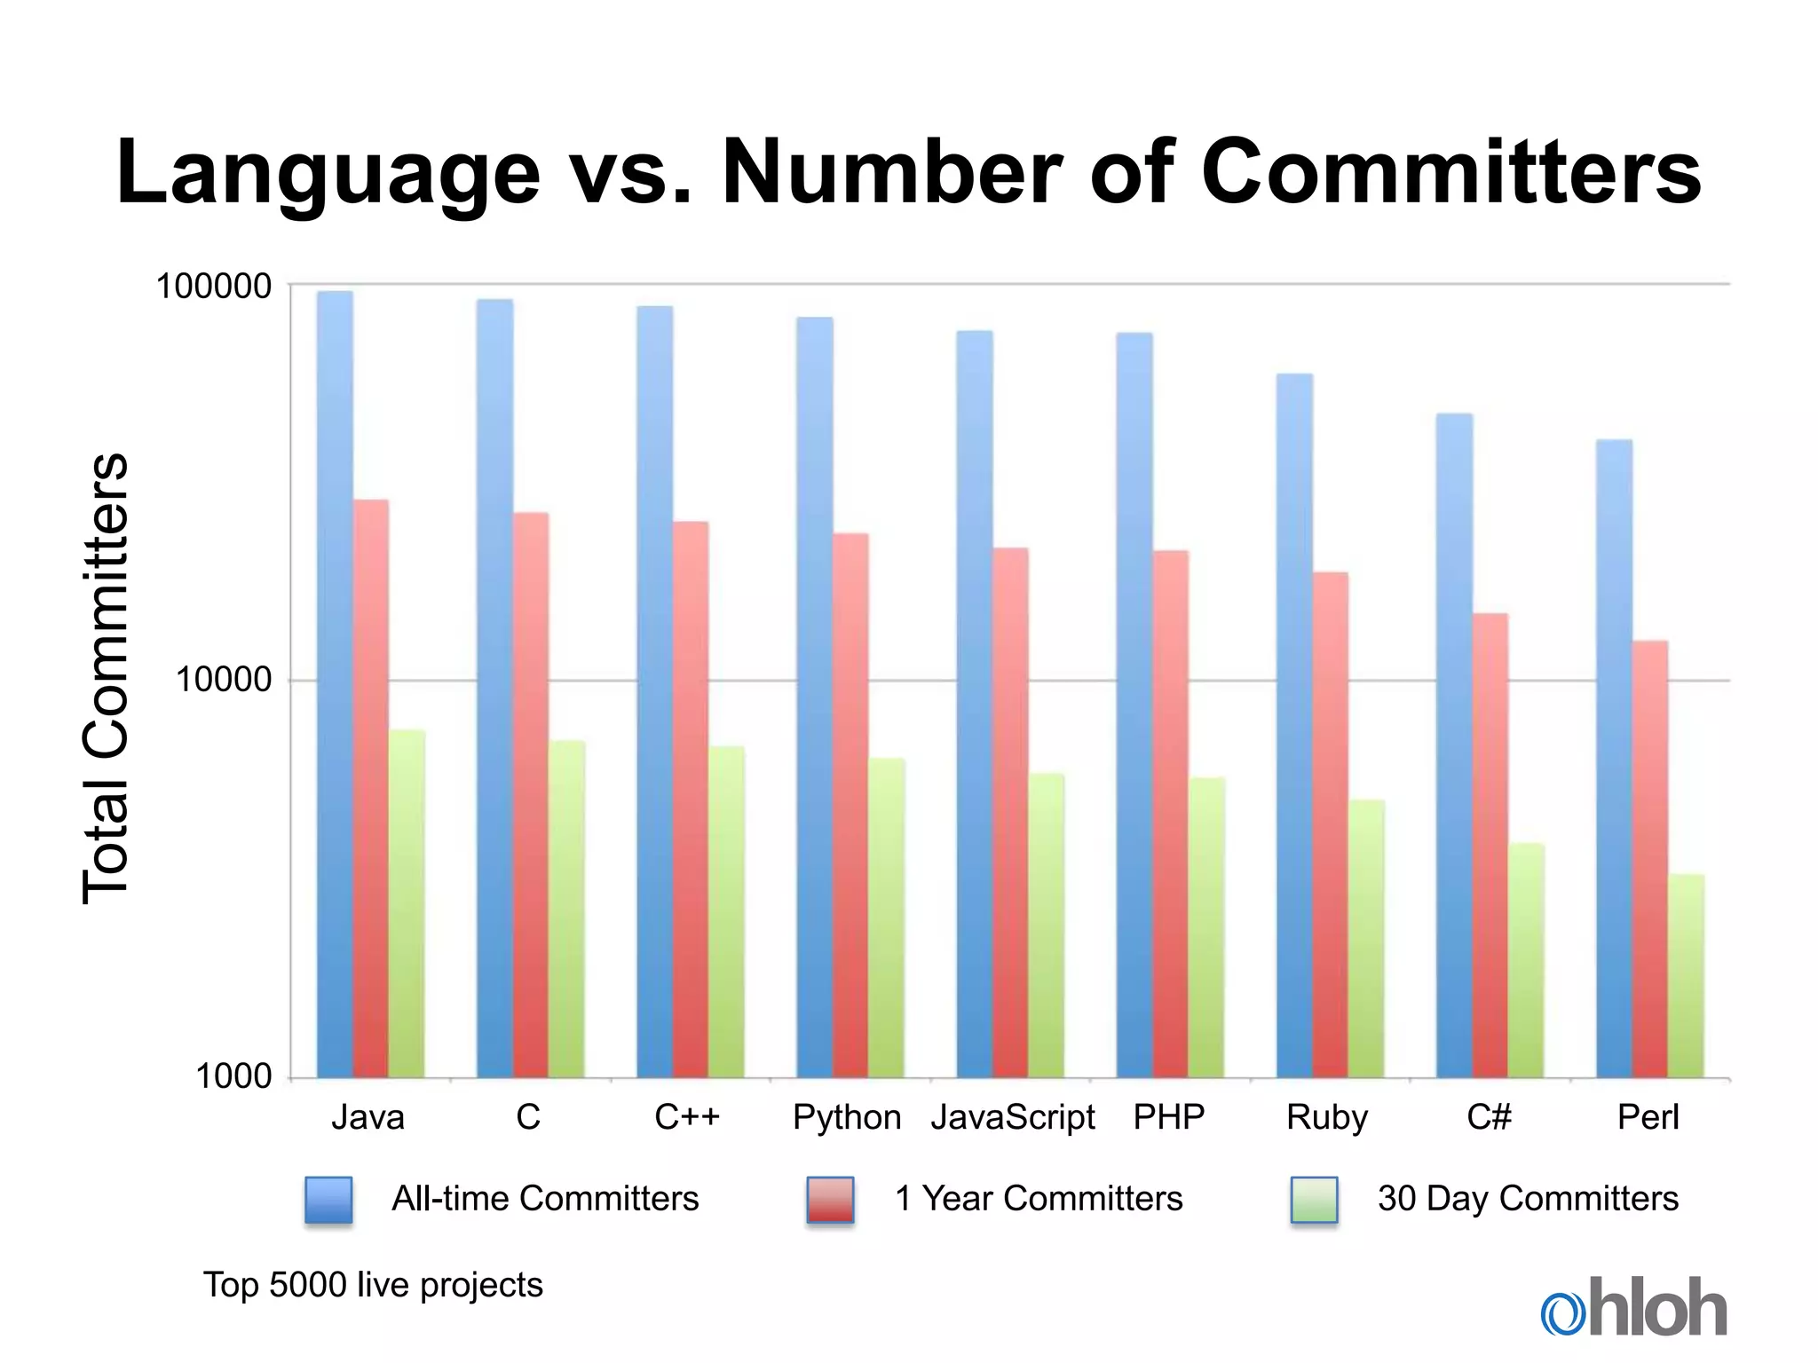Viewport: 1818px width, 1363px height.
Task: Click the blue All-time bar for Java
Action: pyautogui.click(x=335, y=683)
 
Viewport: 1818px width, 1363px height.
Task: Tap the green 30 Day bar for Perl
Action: pyautogui.click(x=1686, y=976)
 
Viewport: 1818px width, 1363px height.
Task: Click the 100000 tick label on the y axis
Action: pyautogui.click(x=214, y=287)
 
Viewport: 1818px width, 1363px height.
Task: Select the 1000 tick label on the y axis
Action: pyautogui.click(x=233, y=1076)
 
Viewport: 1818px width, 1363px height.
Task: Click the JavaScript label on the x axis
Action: pyautogui.click(x=1013, y=1117)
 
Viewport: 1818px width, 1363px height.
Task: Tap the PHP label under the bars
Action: pyautogui.click(x=1169, y=1117)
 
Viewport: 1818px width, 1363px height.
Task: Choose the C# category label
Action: pyautogui.click(x=1489, y=1117)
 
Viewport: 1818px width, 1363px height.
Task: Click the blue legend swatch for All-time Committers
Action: pyautogui.click(x=328, y=1200)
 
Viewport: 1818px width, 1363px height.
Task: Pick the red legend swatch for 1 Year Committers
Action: pyautogui.click(x=830, y=1200)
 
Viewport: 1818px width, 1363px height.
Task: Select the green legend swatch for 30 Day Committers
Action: pyautogui.click(x=1314, y=1200)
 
